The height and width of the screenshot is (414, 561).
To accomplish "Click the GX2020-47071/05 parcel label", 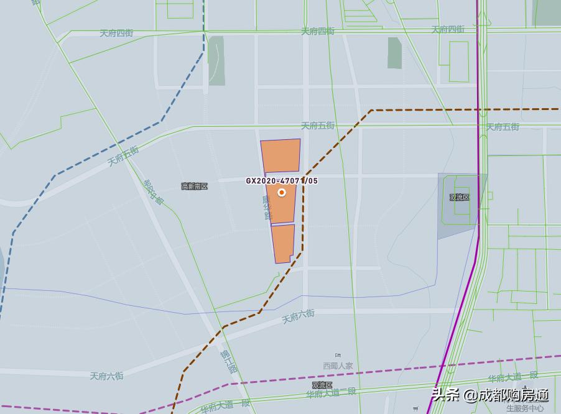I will point(281,181).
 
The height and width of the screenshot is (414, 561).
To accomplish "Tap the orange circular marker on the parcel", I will point(282,193).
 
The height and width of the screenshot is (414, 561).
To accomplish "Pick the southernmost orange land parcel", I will point(282,243).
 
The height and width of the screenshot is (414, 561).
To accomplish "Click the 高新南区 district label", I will point(194,186).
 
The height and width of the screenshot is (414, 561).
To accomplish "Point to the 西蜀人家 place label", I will point(338,366).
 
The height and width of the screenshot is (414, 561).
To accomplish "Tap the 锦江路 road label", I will point(228,360).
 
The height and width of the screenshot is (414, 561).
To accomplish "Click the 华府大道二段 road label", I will point(331,393).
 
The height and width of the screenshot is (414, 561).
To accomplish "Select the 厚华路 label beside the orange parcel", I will point(267,207).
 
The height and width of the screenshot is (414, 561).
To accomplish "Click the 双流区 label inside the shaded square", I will point(460,197).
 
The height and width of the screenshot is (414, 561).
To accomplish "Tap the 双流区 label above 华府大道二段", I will point(322,385).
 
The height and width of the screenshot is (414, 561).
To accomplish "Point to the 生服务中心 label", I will point(524,408).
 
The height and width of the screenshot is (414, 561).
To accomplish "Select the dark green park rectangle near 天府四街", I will point(394,53).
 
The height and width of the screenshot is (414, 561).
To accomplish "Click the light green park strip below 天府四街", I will point(216,60).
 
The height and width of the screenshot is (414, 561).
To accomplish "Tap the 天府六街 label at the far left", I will point(106,376).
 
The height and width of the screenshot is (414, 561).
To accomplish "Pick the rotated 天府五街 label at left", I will point(123,156).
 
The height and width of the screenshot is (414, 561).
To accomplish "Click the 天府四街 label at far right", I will point(448,29).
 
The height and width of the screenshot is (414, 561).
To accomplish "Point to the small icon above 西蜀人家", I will point(338,356).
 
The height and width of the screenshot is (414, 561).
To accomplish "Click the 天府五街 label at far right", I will point(503,127).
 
